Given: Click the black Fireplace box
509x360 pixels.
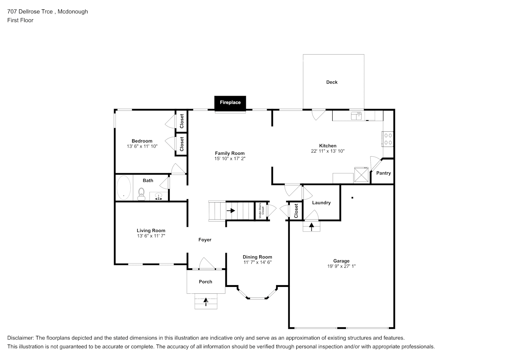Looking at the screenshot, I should coord(230,103).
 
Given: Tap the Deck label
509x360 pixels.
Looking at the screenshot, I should coord(332,82).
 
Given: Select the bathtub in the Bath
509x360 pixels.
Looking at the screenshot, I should coord(124,188).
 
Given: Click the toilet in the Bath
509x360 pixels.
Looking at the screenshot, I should coord(141,194).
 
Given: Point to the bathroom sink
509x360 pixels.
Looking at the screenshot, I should coord(158,197).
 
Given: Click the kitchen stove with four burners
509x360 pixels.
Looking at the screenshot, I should coord(388,139).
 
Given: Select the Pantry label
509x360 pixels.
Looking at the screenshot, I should coord(383,173).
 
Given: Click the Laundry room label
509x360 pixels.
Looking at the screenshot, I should coord(321,203).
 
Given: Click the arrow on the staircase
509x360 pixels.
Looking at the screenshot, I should coord(230,211).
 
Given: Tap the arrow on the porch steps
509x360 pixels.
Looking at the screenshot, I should coord(206,302).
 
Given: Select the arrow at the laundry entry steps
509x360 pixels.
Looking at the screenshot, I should coord(312,226).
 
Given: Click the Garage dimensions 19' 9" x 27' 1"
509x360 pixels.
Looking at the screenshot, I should coord(341,266).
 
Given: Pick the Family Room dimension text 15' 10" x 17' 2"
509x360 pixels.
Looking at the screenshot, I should coord(230,158).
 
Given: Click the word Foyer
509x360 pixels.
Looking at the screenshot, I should coord(205,240).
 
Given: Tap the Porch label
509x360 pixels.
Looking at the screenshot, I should coord(206,282).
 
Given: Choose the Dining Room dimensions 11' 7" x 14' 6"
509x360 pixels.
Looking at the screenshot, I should coord(257,262).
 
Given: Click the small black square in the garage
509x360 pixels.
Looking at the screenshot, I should coord(352,198).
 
